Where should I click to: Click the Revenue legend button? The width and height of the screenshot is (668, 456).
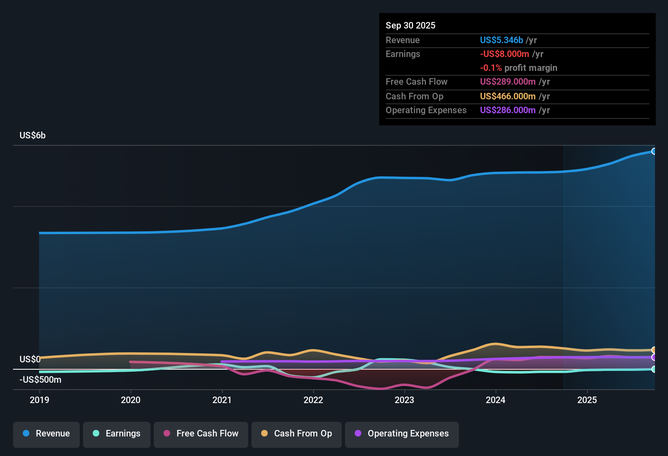click(46, 434)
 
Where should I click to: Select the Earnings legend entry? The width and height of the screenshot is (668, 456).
click(116, 434)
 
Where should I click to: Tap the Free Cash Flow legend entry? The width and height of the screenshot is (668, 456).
click(201, 434)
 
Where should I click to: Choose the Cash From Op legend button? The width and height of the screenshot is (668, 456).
click(296, 434)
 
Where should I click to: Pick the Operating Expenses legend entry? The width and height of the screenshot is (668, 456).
click(402, 434)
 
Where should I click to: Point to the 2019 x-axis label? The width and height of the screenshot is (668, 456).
click(39, 400)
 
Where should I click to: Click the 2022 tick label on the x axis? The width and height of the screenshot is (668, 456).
click(313, 400)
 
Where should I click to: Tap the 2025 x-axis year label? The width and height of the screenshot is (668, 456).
click(587, 400)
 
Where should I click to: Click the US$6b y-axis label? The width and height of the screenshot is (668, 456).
click(33, 136)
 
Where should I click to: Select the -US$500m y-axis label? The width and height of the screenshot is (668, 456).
click(40, 380)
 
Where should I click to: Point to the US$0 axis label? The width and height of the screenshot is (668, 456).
click(30, 359)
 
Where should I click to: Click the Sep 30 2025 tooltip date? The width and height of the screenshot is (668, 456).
click(410, 25)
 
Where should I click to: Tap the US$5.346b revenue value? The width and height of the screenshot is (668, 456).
click(501, 40)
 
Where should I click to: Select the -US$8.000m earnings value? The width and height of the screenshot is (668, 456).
click(504, 54)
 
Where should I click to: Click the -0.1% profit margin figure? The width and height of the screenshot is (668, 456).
click(491, 68)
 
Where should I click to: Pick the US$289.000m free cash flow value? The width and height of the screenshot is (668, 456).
click(507, 82)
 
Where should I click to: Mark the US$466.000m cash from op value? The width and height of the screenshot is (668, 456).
click(507, 96)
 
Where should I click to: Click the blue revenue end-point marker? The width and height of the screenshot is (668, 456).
click(654, 151)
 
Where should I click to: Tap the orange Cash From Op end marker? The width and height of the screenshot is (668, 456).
click(654, 350)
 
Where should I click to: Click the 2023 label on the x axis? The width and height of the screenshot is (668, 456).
click(404, 400)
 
